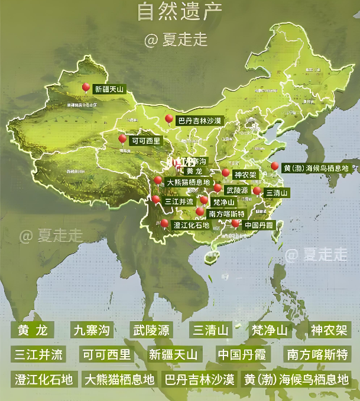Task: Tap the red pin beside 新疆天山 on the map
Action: tap(86, 88)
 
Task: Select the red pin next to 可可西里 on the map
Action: tap(122, 140)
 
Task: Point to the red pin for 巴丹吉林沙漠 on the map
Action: tap(169, 119)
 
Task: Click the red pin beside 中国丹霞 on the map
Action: tap(235, 224)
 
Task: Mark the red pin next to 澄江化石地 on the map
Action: tap(164, 224)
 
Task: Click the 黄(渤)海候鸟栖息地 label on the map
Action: tap(316, 169)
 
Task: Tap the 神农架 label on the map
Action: tap(245, 175)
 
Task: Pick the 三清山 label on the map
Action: tap(276, 193)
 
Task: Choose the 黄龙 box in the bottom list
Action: tap(33, 330)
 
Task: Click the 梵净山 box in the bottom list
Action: tap(270, 330)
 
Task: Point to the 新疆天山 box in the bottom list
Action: tap(173, 354)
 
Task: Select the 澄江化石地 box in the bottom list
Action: tap(43, 379)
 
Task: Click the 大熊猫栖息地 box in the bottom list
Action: tap(119, 379)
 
